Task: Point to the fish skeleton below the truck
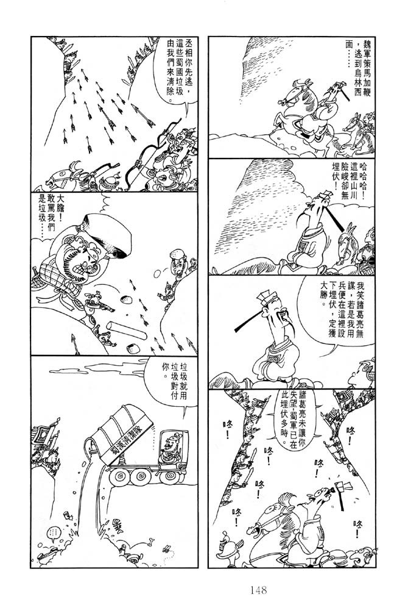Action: pos(117,526)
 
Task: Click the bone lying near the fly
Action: pos(152,542)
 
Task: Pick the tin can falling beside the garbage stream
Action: pos(66,515)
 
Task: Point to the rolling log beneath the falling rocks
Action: pos(127,329)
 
